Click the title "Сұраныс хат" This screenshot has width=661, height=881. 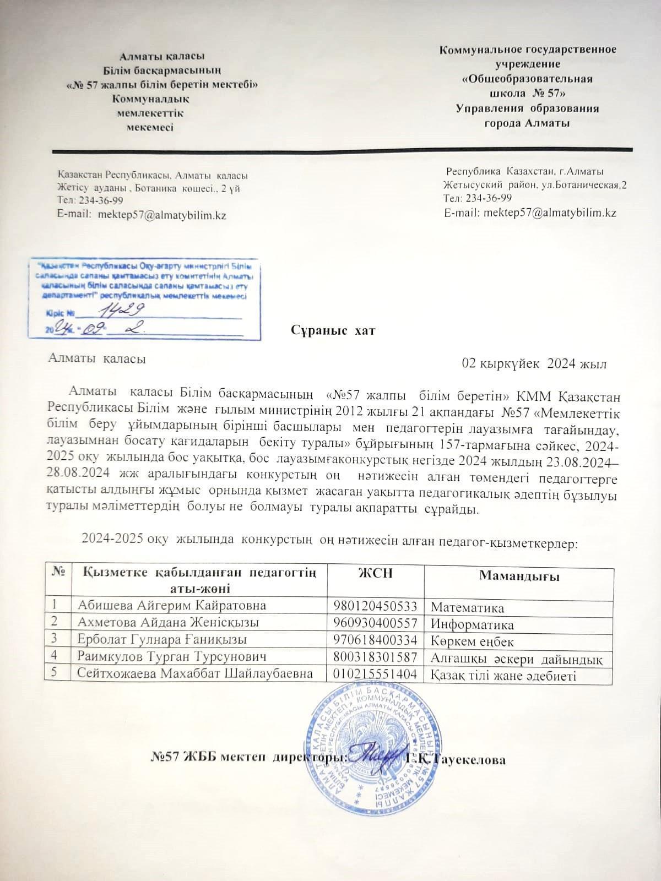pyautogui.click(x=333, y=331)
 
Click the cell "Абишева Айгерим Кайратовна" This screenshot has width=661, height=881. pyautogui.click(x=172, y=606)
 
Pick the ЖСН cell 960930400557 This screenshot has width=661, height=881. pyautogui.click(x=375, y=624)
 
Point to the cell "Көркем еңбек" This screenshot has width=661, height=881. pyautogui.click(x=472, y=641)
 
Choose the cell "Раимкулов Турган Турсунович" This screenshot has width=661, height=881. pyautogui.click(x=172, y=657)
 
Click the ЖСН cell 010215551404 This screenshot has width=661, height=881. pyautogui.click(x=375, y=674)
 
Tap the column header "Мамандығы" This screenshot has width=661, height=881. pyautogui.click(x=519, y=577)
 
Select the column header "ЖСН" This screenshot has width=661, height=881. pyautogui.click(x=375, y=573)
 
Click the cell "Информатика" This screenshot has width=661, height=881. pyautogui.click(x=472, y=625)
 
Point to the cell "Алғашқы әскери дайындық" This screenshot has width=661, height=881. pyautogui.click(x=519, y=658)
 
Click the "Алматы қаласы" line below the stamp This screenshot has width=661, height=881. pyautogui.click(x=97, y=358)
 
